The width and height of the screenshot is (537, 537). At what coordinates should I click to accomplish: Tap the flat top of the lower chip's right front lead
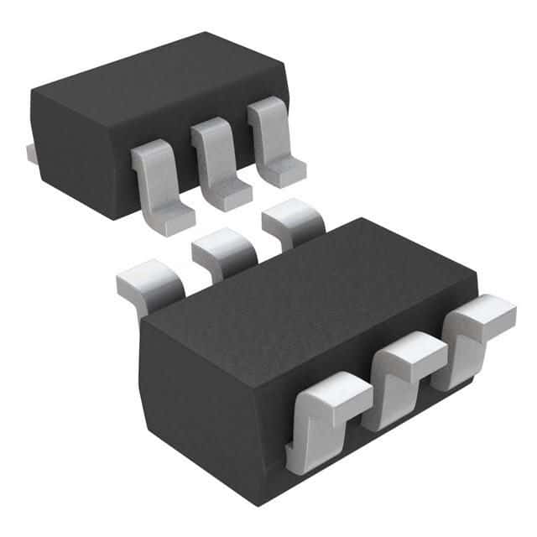(484, 315)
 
